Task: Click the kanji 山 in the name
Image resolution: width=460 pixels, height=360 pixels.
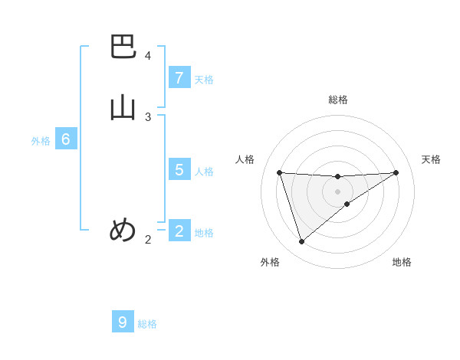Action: point(123,107)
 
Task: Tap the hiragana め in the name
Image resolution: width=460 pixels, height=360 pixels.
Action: point(123,230)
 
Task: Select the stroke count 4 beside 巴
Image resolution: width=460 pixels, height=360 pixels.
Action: point(148,56)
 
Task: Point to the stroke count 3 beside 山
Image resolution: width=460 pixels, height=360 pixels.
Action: point(148,117)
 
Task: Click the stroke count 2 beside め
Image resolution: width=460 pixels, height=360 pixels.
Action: point(148,240)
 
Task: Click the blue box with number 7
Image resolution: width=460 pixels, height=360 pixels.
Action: point(179,78)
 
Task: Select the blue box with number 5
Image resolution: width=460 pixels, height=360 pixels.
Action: point(179,169)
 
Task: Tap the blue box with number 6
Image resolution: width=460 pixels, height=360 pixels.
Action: point(66,139)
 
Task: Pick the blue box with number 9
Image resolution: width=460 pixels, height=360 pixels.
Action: point(123,322)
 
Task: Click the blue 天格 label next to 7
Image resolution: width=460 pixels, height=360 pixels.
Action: point(204,80)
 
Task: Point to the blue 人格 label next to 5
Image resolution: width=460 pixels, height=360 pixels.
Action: point(204,171)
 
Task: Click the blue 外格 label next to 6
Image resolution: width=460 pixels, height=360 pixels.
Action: point(41,141)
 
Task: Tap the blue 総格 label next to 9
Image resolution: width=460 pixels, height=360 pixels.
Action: point(147,324)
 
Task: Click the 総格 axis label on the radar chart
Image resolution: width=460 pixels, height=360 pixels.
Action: point(337,100)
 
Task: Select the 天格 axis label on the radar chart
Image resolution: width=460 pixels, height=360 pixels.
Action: point(431,159)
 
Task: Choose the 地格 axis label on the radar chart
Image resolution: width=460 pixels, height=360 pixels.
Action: point(402,262)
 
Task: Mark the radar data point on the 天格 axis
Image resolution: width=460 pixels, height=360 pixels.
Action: point(396,172)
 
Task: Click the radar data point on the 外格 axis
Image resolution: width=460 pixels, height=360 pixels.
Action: point(301,241)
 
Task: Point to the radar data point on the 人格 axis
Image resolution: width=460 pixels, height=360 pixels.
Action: point(279,172)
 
